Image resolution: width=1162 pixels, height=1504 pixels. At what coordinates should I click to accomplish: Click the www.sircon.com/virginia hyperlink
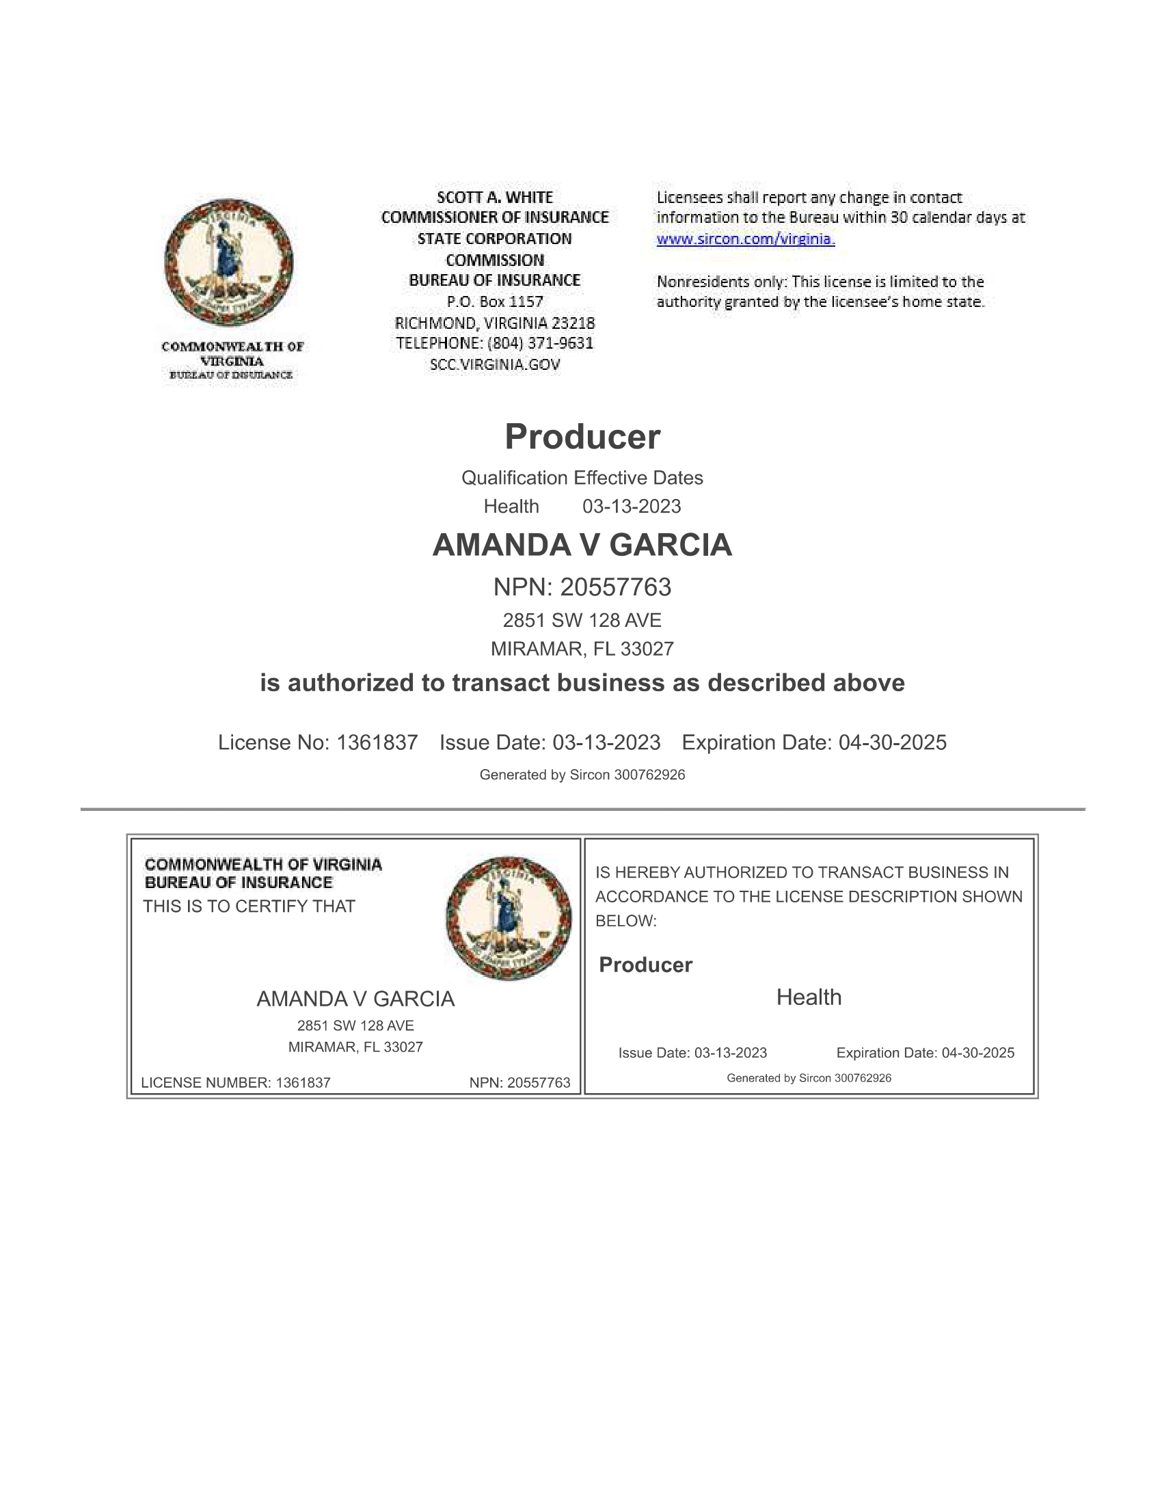(745, 239)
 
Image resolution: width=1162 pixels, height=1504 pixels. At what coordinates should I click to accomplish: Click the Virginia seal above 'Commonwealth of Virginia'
(228, 263)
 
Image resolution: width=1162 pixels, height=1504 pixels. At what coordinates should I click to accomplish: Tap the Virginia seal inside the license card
(508, 918)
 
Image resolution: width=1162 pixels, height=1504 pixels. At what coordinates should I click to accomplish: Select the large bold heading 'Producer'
(582, 437)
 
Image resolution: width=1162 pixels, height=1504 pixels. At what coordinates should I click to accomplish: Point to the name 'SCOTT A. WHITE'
(494, 198)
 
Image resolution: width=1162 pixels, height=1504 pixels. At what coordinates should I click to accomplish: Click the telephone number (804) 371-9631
(540, 343)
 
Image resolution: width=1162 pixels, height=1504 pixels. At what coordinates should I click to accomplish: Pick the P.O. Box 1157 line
(494, 301)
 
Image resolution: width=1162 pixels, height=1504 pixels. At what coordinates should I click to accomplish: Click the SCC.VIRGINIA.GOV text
(494, 364)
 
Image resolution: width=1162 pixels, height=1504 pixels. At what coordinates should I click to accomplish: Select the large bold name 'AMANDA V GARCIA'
(582, 545)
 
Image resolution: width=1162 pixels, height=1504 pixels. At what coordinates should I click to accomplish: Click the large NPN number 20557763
(614, 587)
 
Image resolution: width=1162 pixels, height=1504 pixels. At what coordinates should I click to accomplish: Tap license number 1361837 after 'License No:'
(377, 742)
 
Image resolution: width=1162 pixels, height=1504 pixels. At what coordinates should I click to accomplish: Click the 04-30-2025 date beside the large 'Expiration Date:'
(892, 742)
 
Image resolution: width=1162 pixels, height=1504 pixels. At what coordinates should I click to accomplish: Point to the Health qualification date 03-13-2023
(632, 506)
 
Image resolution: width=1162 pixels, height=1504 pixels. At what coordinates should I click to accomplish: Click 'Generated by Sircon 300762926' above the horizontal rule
(582, 775)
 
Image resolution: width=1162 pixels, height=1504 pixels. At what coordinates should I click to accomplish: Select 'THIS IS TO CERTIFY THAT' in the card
(249, 907)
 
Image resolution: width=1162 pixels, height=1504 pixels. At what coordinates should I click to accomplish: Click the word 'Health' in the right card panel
(808, 997)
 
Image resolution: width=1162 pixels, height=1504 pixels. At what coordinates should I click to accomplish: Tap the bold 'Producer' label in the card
(645, 965)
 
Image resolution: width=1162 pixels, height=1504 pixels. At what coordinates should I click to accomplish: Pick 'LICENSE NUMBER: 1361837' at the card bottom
(235, 1083)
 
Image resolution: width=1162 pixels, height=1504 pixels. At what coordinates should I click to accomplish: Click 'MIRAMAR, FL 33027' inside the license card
(355, 1047)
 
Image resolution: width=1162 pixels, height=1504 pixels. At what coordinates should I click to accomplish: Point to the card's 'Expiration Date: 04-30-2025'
(925, 1053)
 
